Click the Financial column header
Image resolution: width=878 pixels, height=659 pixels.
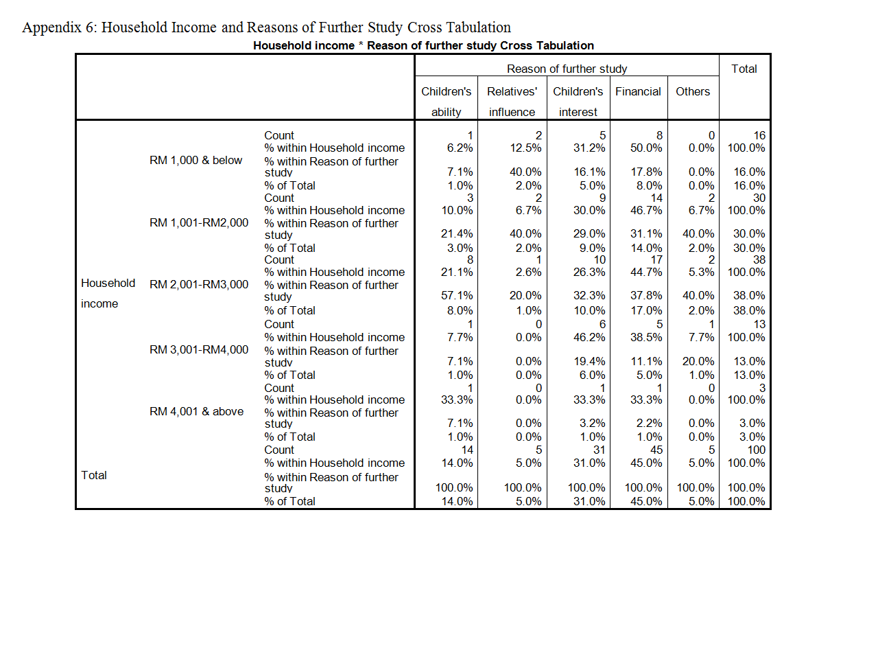(x=638, y=91)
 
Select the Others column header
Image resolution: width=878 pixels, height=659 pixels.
(x=692, y=91)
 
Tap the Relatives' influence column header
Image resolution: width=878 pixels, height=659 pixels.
(x=512, y=102)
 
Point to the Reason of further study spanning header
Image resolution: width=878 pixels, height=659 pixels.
(x=567, y=69)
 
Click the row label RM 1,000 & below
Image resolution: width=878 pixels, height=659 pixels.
(x=195, y=160)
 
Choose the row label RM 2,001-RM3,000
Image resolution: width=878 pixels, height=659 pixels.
(x=199, y=284)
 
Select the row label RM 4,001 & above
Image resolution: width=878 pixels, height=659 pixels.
(x=196, y=411)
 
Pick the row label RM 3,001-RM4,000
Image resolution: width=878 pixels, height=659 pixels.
(x=199, y=349)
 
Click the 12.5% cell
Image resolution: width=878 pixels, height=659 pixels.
(x=525, y=148)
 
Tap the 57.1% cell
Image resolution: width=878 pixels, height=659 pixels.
(x=457, y=296)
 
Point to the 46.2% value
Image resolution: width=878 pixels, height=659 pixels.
(x=589, y=337)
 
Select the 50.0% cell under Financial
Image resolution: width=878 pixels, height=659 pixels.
(x=646, y=148)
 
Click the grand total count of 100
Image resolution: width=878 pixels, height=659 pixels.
(x=756, y=450)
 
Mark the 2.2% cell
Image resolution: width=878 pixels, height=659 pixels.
(x=649, y=423)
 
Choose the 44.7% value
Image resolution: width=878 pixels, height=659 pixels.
(x=646, y=272)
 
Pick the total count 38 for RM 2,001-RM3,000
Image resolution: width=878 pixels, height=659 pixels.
(x=759, y=259)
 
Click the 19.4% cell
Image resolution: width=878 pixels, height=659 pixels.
(x=589, y=361)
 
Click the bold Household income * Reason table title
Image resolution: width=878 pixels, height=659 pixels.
(x=423, y=45)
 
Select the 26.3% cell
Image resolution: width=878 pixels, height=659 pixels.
(x=589, y=272)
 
